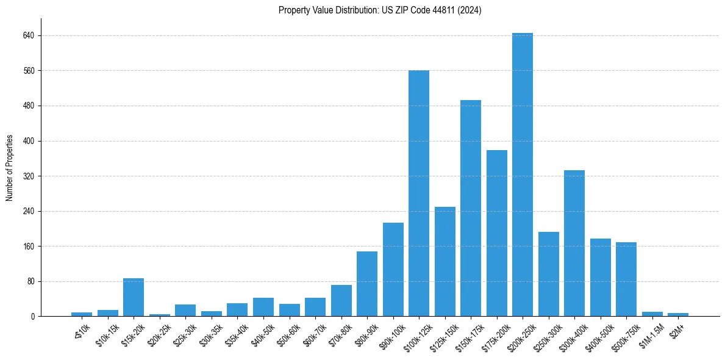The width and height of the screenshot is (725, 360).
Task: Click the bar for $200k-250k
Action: [523, 175]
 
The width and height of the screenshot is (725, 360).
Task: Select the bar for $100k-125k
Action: [419, 193]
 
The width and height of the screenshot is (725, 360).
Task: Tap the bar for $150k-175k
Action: [471, 208]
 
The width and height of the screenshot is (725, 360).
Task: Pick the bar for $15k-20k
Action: [134, 297]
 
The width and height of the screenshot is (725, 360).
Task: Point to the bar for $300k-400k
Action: [574, 243]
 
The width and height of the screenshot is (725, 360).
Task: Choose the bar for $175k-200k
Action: [497, 233]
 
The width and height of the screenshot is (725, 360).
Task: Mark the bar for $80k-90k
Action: [367, 284]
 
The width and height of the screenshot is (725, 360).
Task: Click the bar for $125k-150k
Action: [445, 262]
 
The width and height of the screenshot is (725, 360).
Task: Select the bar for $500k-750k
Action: [626, 279]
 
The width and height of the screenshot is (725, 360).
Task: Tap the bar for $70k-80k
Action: [341, 301]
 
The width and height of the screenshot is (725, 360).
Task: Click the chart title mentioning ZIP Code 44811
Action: [380, 10]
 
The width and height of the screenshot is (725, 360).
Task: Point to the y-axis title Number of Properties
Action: [10, 168]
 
